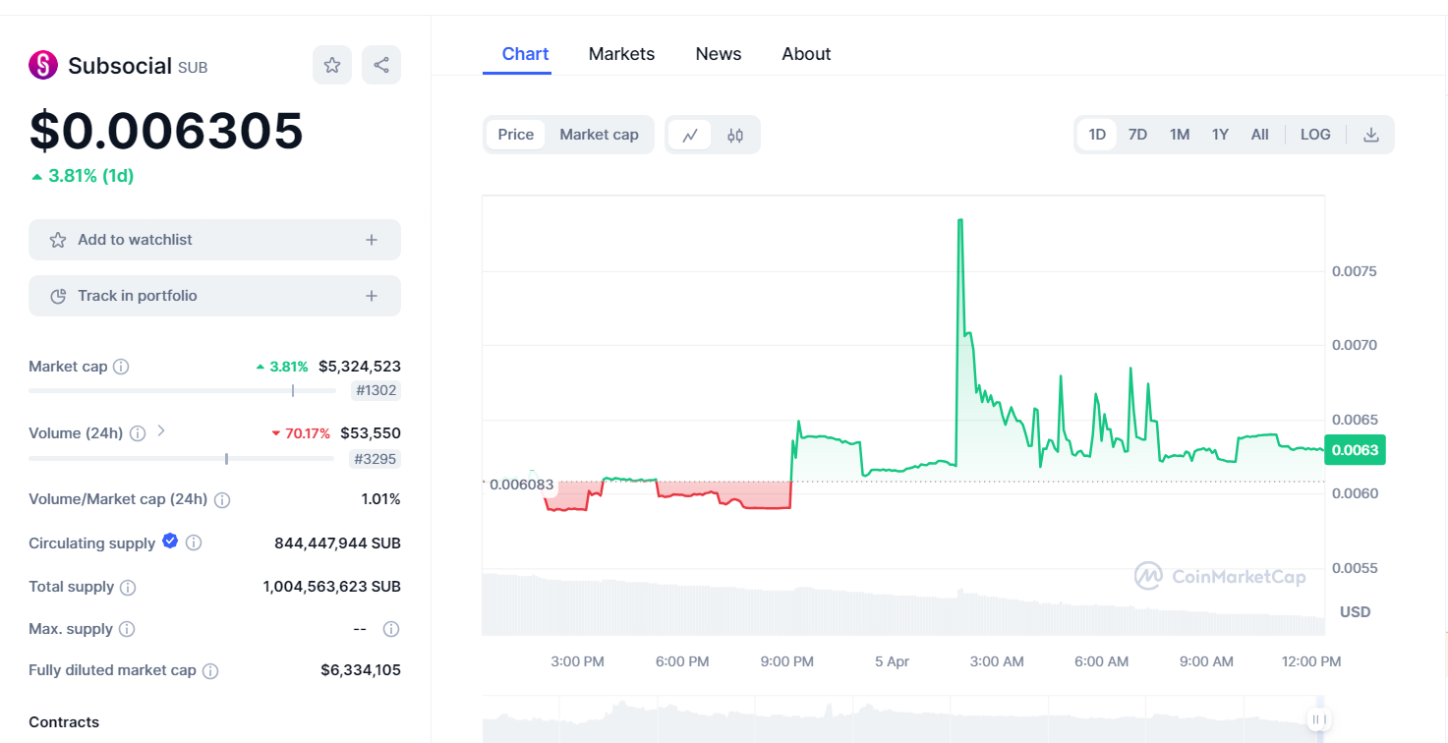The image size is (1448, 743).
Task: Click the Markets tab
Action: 621,54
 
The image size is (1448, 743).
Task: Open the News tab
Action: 718,54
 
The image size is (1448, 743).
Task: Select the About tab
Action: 806,54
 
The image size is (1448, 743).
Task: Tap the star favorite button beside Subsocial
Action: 332,65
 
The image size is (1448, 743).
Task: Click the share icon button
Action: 381,65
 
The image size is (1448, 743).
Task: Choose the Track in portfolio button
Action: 214,296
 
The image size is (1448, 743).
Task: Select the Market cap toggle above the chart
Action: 599,135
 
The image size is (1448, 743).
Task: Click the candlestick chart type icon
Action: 735,136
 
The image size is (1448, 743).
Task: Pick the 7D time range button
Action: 1137,135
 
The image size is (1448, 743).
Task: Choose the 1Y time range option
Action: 1220,135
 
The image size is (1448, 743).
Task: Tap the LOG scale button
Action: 1315,135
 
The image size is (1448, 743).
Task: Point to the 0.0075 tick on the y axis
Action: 1354,271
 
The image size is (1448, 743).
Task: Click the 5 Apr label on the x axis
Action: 892,661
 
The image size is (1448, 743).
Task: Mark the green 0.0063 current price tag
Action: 1355,450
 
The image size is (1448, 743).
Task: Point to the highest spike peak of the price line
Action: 959,220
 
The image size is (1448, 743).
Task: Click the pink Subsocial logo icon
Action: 43,65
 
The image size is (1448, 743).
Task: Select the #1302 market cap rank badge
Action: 376,390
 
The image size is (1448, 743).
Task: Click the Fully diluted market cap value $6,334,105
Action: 360,670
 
